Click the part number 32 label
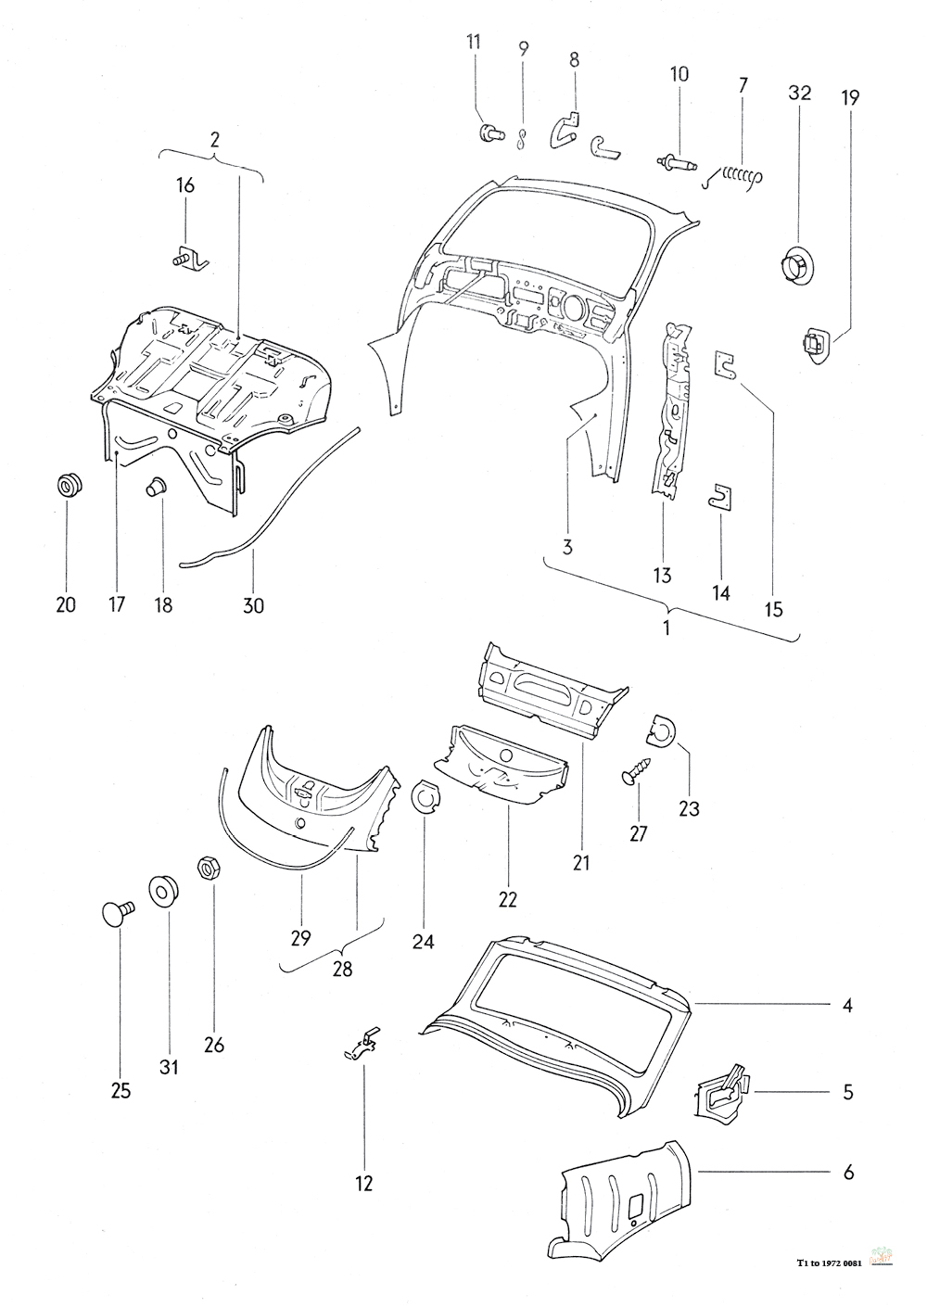[x=800, y=93]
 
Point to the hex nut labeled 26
[x=208, y=869]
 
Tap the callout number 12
[x=363, y=1183]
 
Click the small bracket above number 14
[x=720, y=496]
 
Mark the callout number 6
[x=847, y=1173]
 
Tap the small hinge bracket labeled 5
[x=720, y=1091]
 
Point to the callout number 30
[x=253, y=605]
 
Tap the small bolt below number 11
[x=489, y=134]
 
